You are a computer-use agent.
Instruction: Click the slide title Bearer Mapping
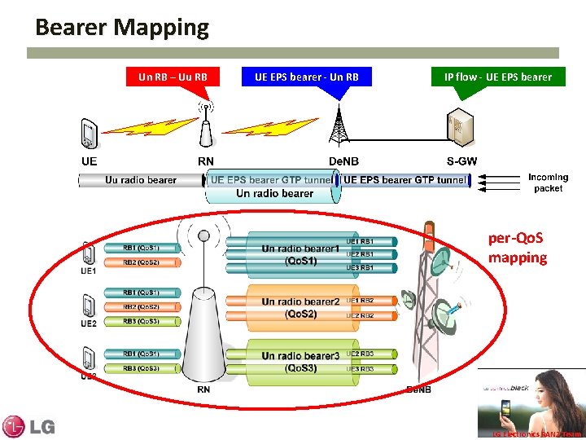point(122,28)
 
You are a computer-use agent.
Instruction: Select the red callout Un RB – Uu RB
point(173,77)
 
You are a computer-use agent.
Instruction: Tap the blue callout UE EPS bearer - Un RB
point(307,77)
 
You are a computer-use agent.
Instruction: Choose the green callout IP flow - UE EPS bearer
point(497,77)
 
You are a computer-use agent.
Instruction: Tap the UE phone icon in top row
point(90,135)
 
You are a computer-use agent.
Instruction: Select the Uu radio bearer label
point(140,180)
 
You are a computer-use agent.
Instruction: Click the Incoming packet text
point(548,183)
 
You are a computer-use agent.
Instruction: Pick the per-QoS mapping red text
point(517,249)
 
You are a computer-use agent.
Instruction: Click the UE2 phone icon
point(89,306)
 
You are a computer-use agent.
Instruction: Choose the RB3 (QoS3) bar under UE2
point(141,321)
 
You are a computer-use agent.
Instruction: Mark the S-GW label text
point(461,161)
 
